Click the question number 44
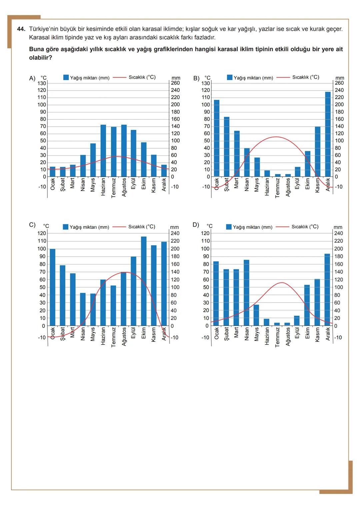coord(21,29)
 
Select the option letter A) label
coord(32,78)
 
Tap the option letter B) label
coord(196,78)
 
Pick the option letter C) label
coord(32,225)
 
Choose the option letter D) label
coord(196,225)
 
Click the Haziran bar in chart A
coord(103,151)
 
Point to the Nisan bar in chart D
coord(247,293)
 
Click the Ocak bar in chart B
coord(217,138)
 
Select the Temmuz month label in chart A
coord(113,188)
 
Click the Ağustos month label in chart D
coord(287,337)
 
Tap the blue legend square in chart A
coord(66,77)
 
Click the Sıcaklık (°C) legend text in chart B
coord(306,77)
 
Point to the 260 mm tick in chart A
coord(175,83)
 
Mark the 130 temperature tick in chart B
coord(206,83)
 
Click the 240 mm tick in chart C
coord(175,233)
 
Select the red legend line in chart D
coord(282,227)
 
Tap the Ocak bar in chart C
coord(53,287)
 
